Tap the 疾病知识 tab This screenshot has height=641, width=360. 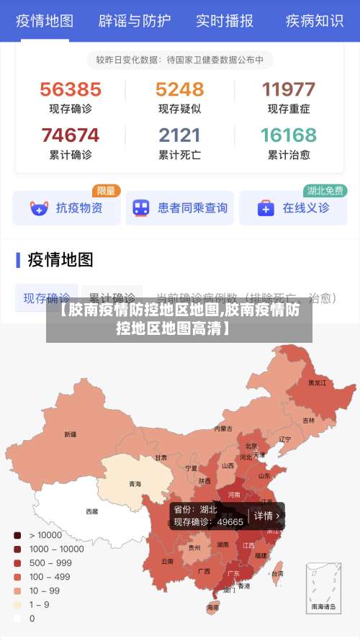click(315, 21)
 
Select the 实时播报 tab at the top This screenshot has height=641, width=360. click(225, 21)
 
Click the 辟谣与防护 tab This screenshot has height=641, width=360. click(134, 21)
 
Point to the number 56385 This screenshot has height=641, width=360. click(71, 89)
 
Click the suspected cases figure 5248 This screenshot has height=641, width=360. click(180, 89)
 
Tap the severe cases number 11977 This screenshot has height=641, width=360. click(289, 89)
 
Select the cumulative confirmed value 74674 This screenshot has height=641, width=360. click(71, 135)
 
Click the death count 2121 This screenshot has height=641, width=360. click(180, 135)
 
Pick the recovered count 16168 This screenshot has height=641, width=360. click(289, 135)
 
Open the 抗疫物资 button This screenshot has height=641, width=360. click(66, 208)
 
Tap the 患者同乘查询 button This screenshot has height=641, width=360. click(180, 208)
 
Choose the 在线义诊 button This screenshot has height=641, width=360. click(293, 208)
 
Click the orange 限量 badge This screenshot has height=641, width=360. click(106, 191)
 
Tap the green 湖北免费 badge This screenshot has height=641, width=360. click(325, 191)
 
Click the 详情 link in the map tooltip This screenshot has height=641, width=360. click(266, 516)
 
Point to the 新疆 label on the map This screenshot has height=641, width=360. click(70, 434)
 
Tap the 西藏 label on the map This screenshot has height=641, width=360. click(92, 511)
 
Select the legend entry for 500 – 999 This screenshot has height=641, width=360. click(50, 562)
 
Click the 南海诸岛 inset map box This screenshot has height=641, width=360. click(323, 587)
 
